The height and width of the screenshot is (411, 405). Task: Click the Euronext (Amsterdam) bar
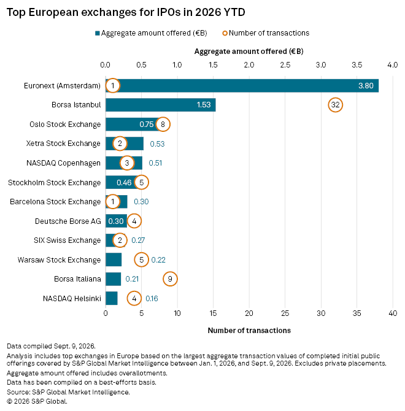tap(242, 86)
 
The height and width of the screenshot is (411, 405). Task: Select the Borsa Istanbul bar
tap(161, 105)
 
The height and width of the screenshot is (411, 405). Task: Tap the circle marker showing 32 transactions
tap(335, 105)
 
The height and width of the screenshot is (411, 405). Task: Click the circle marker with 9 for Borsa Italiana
tap(170, 279)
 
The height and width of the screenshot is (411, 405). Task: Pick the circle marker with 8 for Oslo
tap(163, 125)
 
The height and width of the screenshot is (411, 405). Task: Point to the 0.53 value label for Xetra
tap(157, 144)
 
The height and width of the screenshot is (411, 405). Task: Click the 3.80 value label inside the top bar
tap(366, 86)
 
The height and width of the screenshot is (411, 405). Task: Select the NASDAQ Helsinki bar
tap(112, 298)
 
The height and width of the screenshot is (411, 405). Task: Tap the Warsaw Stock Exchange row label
tap(59, 259)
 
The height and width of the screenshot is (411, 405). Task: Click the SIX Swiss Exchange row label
tap(67, 240)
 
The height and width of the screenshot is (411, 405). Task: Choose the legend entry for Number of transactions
tap(266, 33)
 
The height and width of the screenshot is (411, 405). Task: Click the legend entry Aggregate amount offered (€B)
tap(151, 33)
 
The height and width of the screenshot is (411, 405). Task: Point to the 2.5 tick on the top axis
tap(285, 65)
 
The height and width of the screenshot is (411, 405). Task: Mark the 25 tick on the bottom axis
tap(285, 313)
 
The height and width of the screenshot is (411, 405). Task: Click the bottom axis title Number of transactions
tap(249, 331)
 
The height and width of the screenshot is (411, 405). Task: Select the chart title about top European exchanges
tap(126, 12)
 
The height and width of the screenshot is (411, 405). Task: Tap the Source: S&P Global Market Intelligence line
tap(68, 392)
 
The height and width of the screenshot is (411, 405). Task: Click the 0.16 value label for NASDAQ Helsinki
tap(152, 299)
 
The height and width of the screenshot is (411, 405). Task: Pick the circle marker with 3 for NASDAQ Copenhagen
tap(127, 163)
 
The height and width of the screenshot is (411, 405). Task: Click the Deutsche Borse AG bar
tap(116, 221)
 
